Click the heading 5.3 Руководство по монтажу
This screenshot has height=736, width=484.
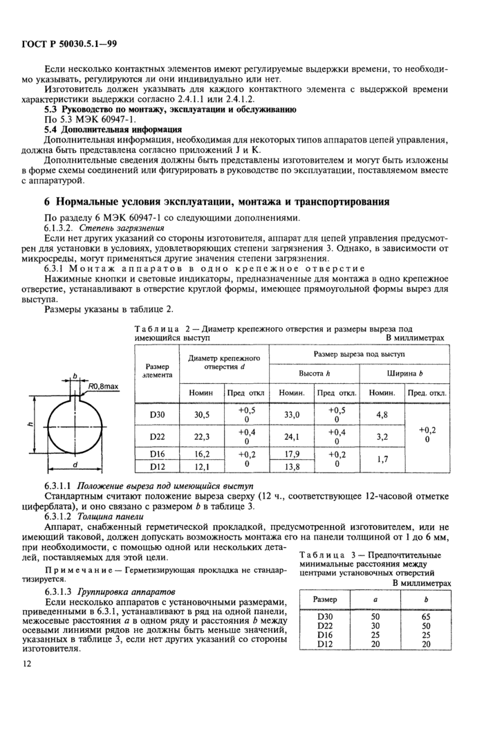[170, 109]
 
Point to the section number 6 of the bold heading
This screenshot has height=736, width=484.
[39, 202]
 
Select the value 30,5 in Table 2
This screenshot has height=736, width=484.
[199, 415]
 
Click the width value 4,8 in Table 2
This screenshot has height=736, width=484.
[382, 415]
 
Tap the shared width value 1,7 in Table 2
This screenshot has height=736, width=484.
[382, 461]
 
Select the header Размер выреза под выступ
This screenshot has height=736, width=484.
[360, 353]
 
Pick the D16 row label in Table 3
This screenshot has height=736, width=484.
[325, 634]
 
